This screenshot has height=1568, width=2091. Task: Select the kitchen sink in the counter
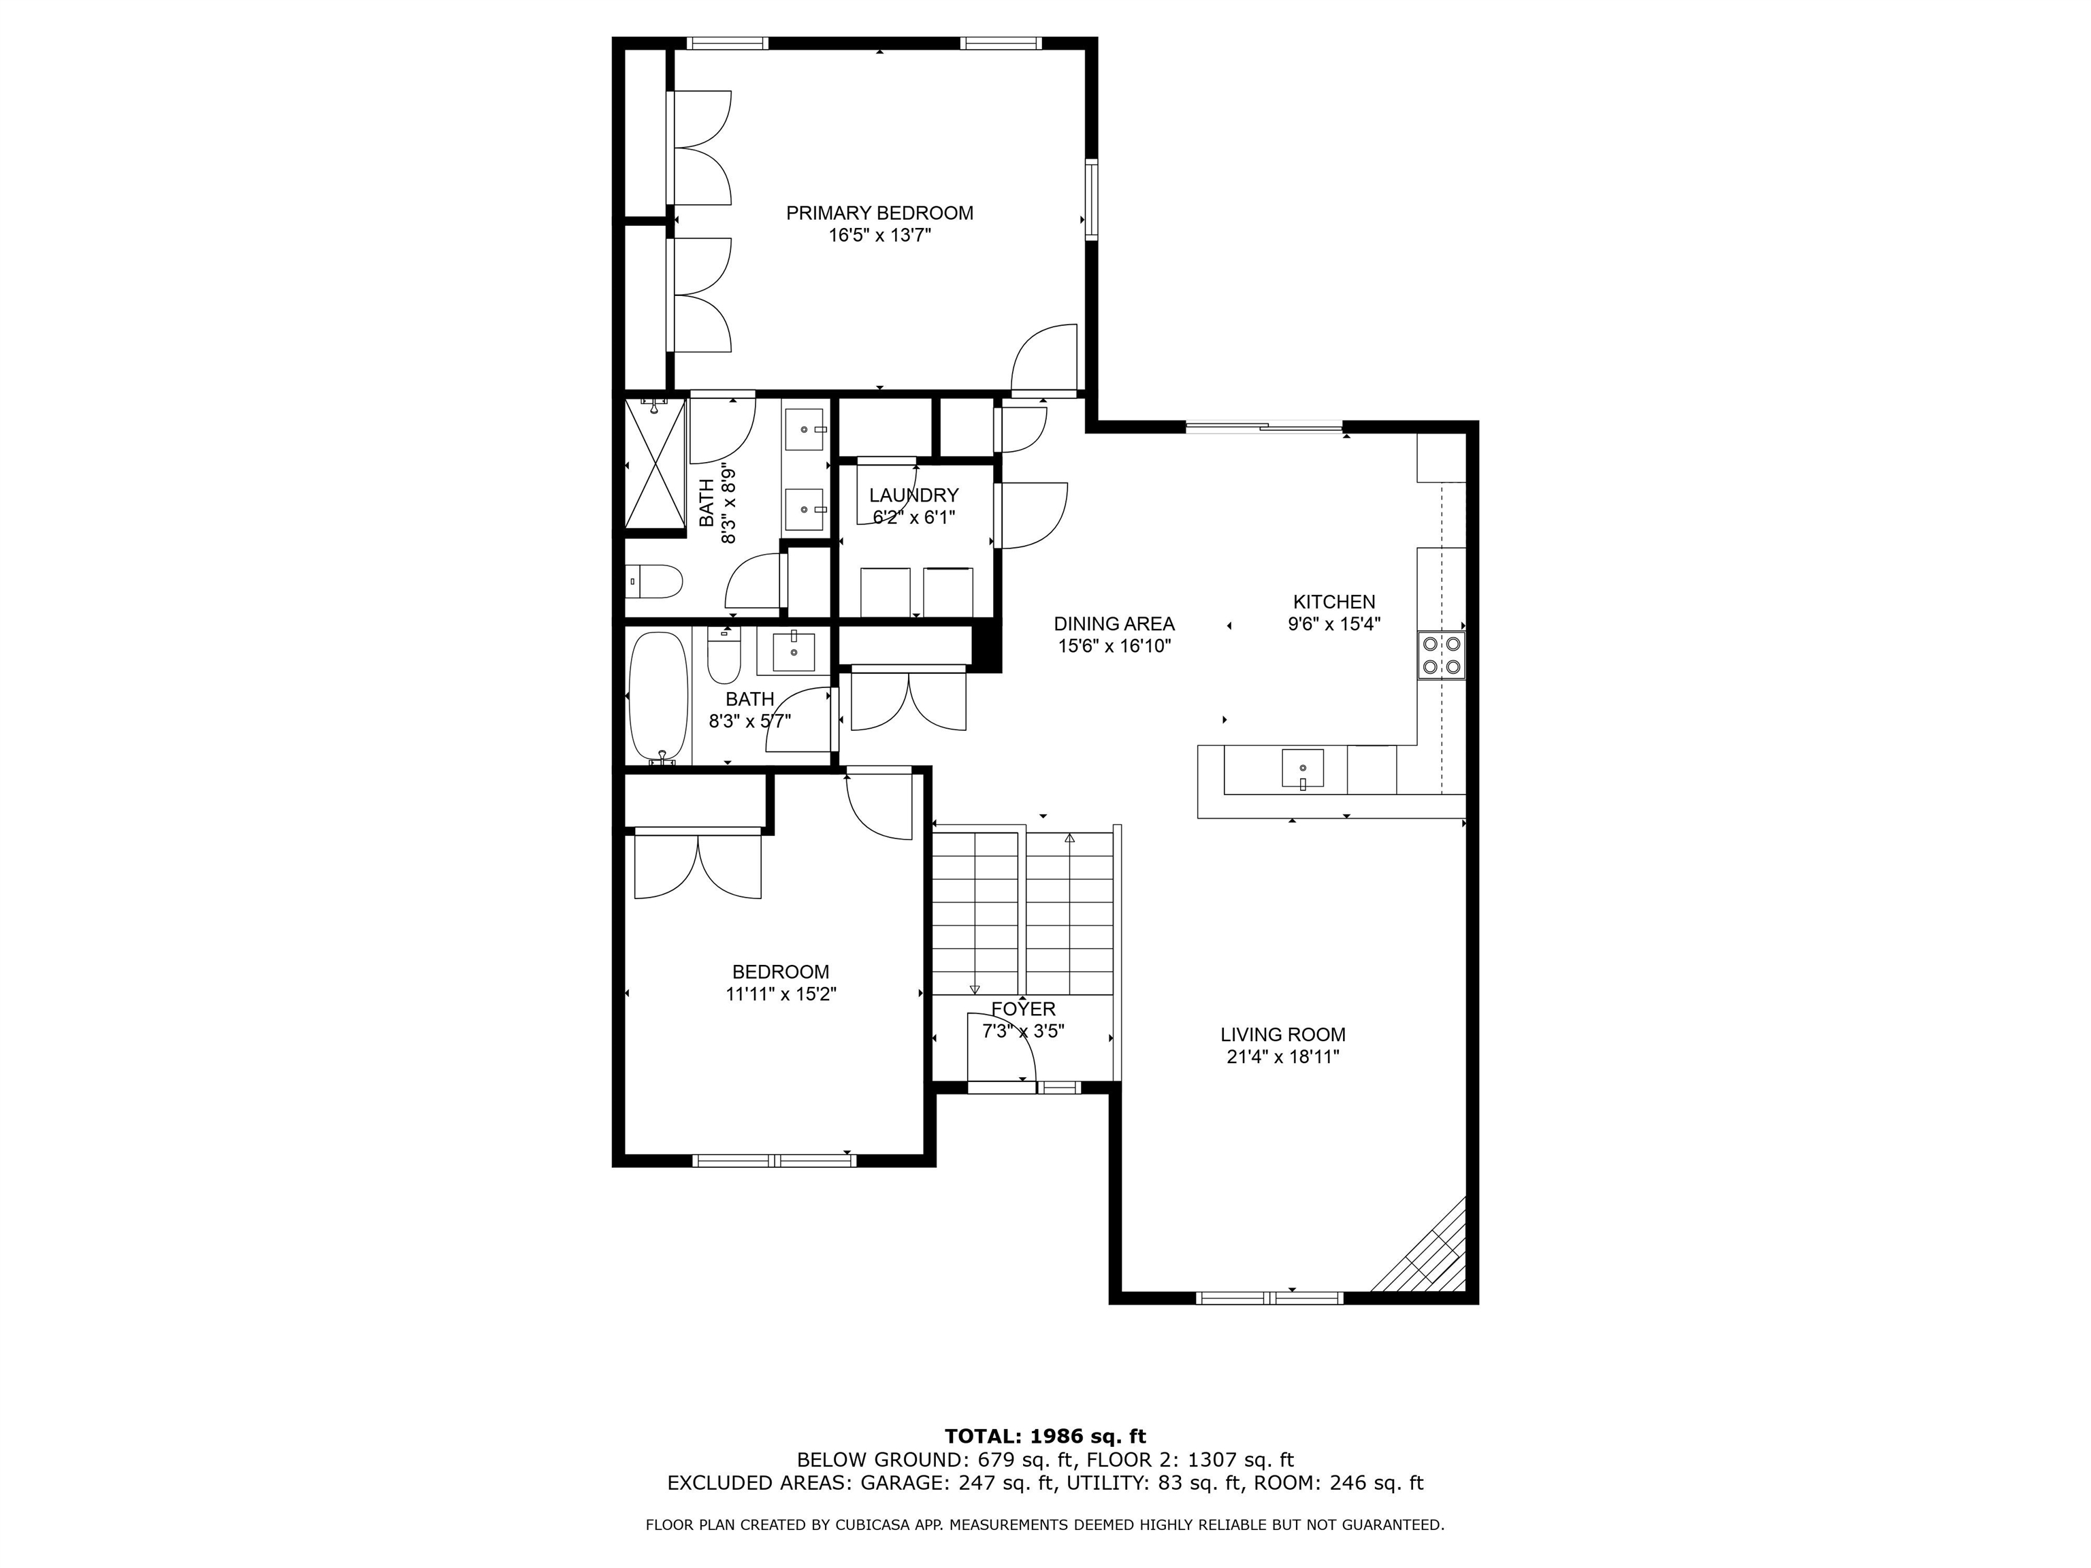click(1303, 768)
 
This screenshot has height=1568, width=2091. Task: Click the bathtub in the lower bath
click(658, 697)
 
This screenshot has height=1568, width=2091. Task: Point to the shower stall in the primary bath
click(654, 464)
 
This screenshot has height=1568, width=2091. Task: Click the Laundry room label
click(913, 495)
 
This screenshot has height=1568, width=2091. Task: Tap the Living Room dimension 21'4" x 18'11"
click(1283, 1058)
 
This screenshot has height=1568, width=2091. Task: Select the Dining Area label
click(1114, 624)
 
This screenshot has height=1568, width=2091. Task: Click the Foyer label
click(1023, 1009)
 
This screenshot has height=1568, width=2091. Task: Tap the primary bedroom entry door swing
click(1045, 359)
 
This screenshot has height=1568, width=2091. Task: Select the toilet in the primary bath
click(654, 581)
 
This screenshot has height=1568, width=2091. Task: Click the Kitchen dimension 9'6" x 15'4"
click(1334, 624)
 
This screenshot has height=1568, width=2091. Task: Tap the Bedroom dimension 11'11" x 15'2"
click(781, 994)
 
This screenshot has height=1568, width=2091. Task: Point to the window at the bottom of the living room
click(1269, 1298)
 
